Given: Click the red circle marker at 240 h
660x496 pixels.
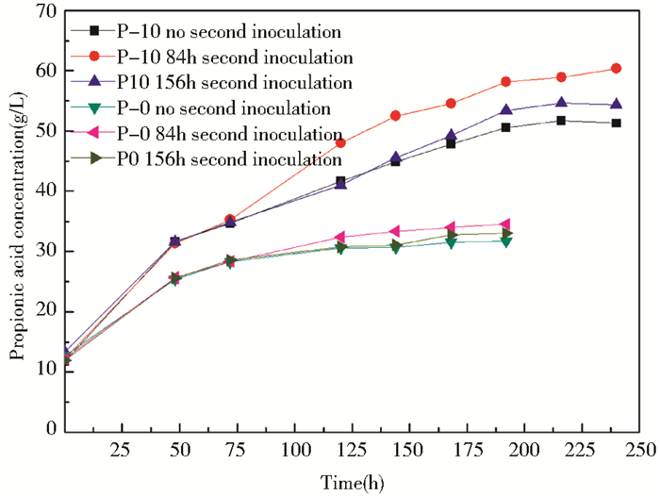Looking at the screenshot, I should click(x=616, y=68).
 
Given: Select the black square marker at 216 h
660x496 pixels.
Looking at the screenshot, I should click(x=561, y=121).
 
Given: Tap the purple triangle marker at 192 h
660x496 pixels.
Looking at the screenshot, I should click(x=506, y=111).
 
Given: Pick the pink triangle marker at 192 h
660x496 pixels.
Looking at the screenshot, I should click(x=505, y=224).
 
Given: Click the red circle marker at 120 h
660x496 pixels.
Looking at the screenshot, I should click(x=340, y=142).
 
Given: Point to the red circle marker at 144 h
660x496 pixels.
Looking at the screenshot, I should click(x=395, y=116).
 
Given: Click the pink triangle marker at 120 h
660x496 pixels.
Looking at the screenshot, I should click(x=340, y=237).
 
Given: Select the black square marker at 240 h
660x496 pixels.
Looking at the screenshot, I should click(x=616, y=123).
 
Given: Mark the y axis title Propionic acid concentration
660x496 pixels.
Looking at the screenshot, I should click(x=17, y=221).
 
